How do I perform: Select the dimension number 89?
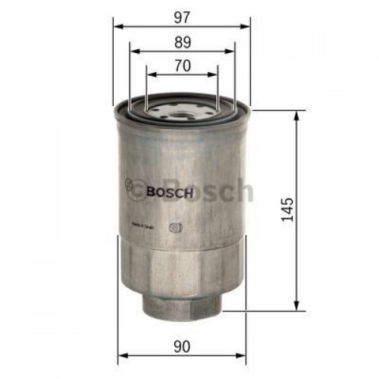[182, 42]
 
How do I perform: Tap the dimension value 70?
[182, 65]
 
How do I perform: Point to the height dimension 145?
[287, 209]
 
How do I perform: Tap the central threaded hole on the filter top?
[182, 115]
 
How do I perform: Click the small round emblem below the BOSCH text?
[177, 226]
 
